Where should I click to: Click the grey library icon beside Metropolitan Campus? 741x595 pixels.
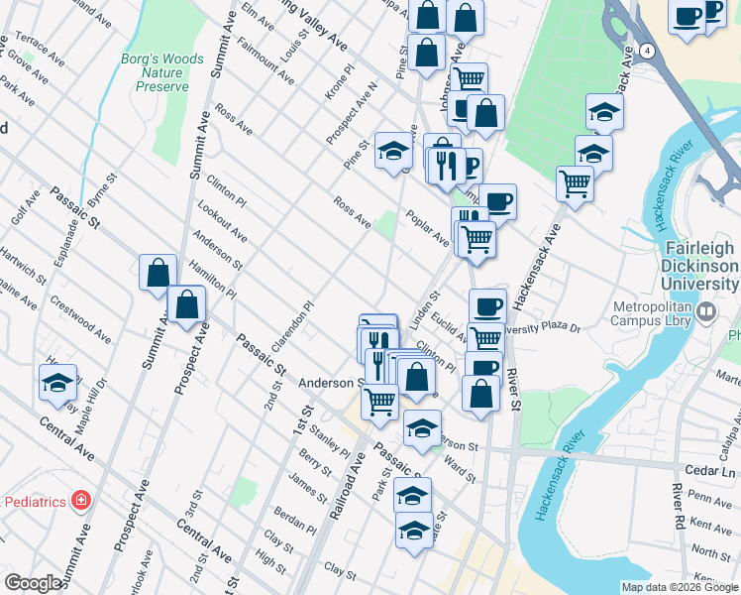pyautogui.click(x=706, y=313)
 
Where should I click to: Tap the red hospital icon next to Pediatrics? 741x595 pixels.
pyautogui.click(x=80, y=502)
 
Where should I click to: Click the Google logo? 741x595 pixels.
pyautogui.click(x=33, y=583)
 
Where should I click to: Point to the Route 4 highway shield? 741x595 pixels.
pyautogui.click(x=645, y=50)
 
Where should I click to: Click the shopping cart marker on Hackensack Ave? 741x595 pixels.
pyautogui.click(x=575, y=183)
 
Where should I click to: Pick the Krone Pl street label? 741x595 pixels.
pyautogui.click(x=340, y=84)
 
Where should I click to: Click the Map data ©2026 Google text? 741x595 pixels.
pyautogui.click(x=679, y=587)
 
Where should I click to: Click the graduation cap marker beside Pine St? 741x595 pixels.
pyautogui.click(x=393, y=151)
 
